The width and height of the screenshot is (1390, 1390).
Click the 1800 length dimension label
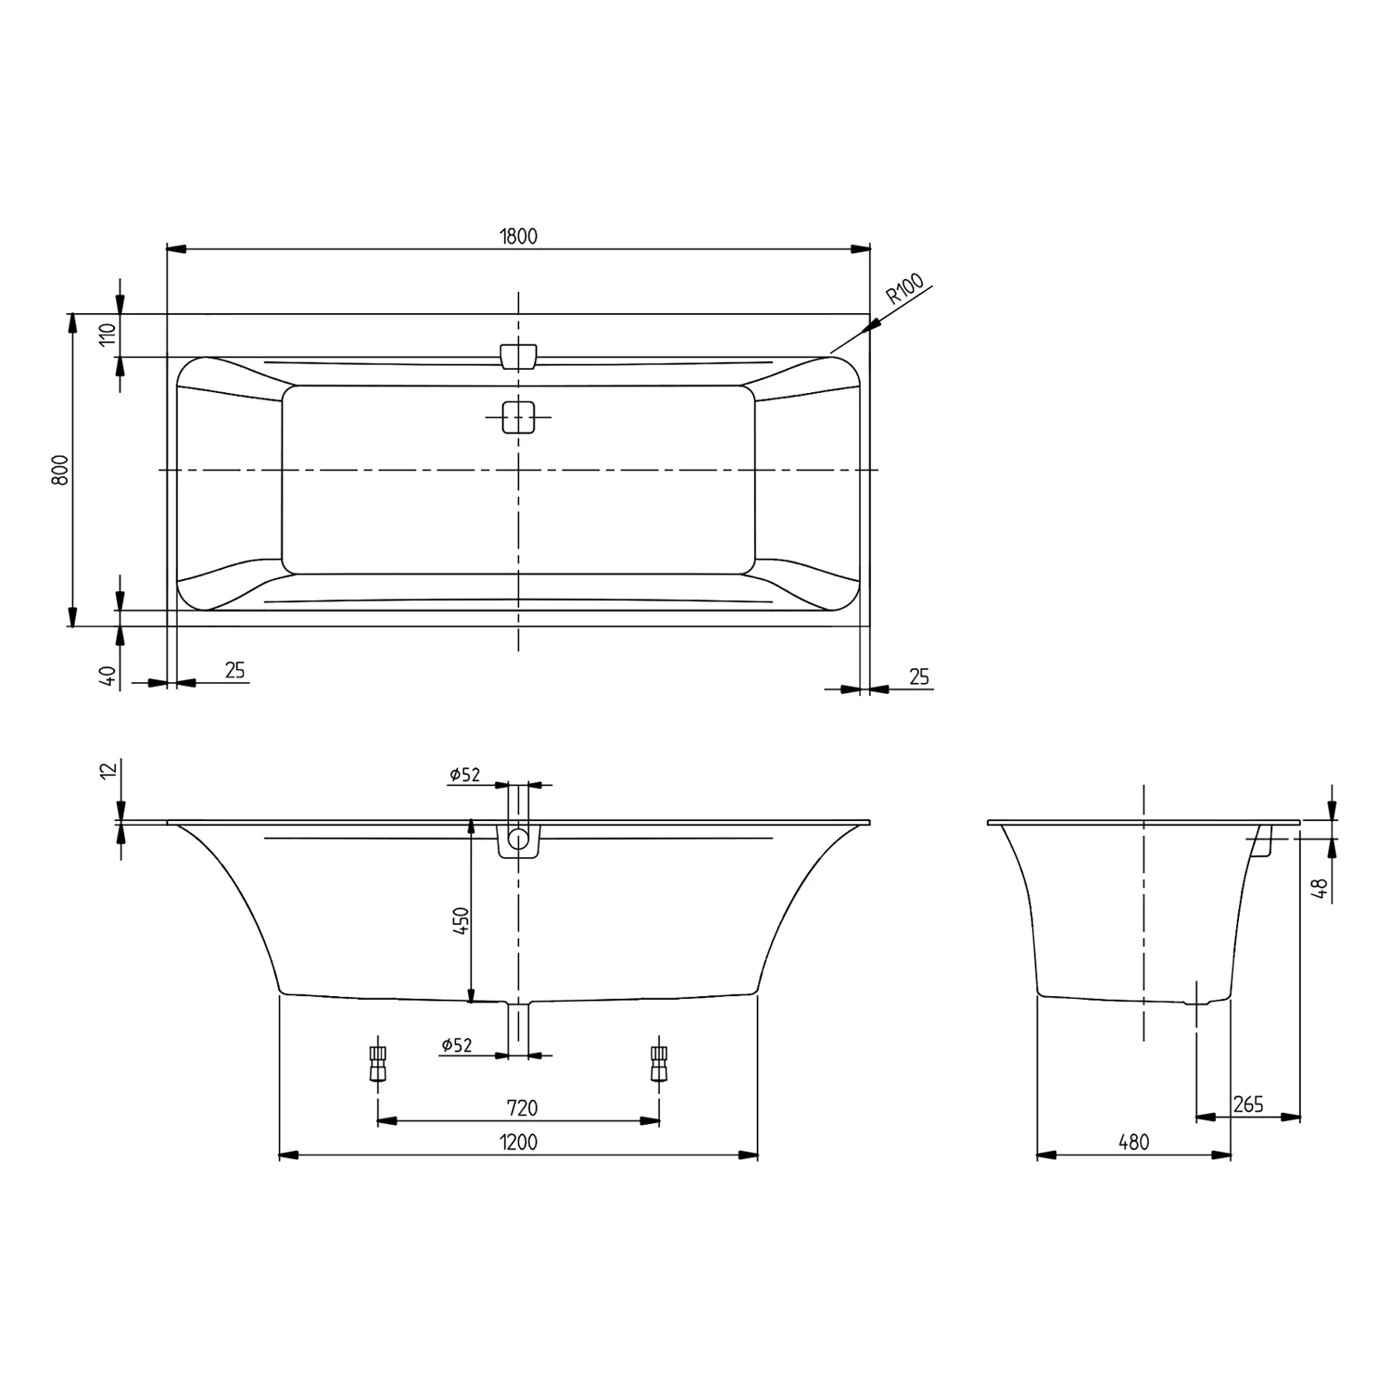tap(518, 236)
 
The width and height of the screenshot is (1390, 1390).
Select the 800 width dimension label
tap(59, 471)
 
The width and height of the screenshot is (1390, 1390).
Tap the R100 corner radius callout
tap(904, 289)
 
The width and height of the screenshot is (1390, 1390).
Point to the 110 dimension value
tap(107, 335)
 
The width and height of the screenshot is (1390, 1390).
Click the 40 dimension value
tap(108, 676)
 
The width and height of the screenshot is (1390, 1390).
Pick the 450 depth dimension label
tap(461, 922)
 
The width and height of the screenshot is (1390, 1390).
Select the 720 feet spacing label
tap(522, 1107)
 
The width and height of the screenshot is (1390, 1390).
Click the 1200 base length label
tap(518, 1143)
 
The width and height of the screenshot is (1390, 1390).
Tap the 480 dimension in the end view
tap(1132, 1143)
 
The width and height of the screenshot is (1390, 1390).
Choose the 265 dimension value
tap(1248, 1105)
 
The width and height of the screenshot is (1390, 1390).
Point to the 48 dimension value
tap(1322, 889)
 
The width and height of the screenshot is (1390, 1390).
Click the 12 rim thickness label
tap(107, 770)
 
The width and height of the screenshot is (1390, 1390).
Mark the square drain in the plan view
tap(518, 417)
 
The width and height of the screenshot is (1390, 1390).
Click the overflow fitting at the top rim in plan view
tap(518, 357)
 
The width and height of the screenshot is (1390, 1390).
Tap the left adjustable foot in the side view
tap(377, 1063)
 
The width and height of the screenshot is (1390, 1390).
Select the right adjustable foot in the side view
tap(659, 1063)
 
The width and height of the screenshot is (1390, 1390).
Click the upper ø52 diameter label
tap(465, 775)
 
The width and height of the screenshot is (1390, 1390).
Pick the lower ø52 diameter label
tap(457, 1045)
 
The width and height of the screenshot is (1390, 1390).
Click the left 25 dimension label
tap(235, 670)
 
